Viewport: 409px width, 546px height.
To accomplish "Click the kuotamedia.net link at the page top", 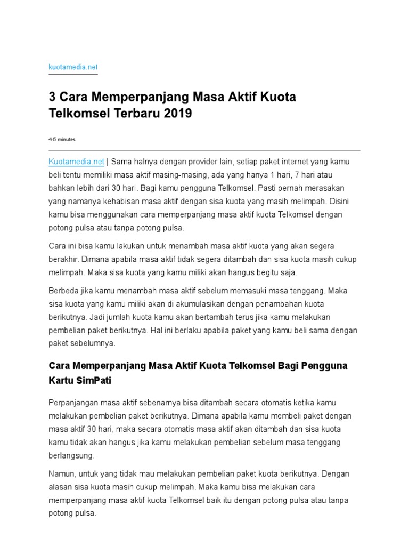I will (x=73, y=68).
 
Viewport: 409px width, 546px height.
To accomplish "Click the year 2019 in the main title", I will (x=176, y=114).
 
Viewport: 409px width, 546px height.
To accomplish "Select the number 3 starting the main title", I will (x=52, y=98).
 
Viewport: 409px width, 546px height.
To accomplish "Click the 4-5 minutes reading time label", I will (x=62, y=140).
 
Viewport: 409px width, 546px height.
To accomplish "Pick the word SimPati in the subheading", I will (x=95, y=382).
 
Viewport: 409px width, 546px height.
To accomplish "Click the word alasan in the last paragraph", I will (x=61, y=487).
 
